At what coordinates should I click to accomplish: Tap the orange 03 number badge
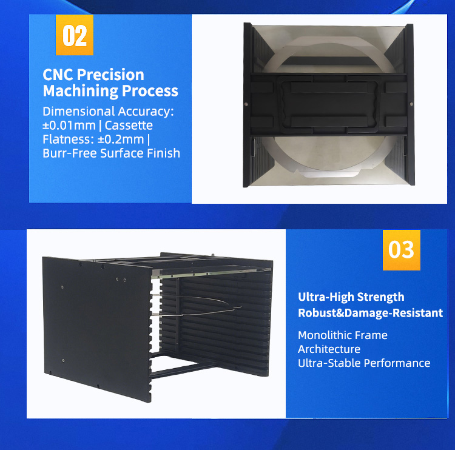coord(400,249)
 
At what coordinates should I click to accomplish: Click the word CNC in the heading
coord(59,75)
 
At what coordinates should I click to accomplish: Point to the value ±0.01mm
coord(67,126)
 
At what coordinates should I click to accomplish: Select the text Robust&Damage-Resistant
coord(370,313)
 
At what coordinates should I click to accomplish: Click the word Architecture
coord(329,349)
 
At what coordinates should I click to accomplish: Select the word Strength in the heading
coord(380,297)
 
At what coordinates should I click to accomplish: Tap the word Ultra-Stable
coord(329,363)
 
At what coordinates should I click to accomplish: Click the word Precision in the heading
coord(113,75)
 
